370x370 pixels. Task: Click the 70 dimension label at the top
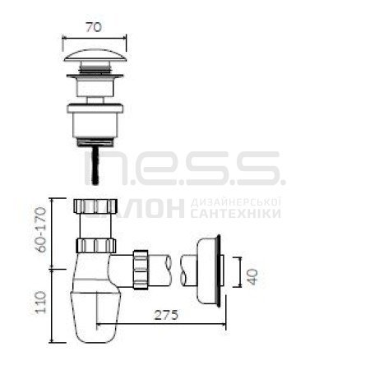(x=94, y=27)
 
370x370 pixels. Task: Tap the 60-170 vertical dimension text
(x=42, y=229)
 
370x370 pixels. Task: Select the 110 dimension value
(x=41, y=303)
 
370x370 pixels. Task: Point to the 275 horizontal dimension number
(x=166, y=315)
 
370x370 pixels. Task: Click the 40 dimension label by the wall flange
(x=252, y=276)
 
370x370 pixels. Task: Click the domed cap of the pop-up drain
(x=95, y=55)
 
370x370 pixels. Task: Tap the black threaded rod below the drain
(x=95, y=165)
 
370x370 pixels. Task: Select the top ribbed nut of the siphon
(x=95, y=206)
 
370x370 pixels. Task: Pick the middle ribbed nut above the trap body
(x=95, y=246)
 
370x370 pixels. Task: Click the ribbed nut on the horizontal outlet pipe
(x=141, y=270)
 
